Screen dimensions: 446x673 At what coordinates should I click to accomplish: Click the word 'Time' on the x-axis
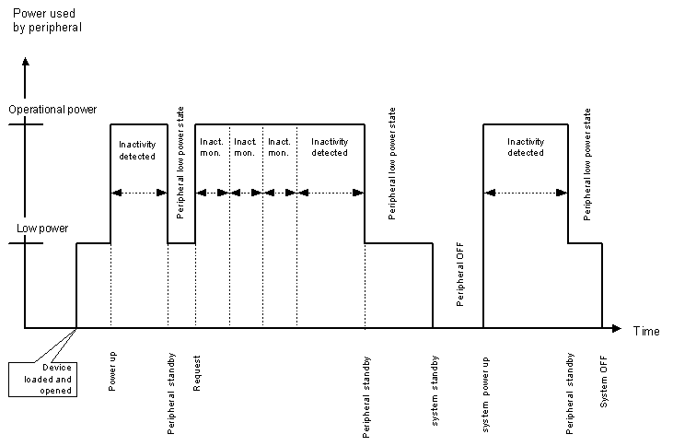[x=645, y=330]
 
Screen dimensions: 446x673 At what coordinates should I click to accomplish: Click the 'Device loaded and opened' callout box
[x=41, y=378]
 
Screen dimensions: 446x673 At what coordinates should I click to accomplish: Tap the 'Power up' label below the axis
[x=112, y=371]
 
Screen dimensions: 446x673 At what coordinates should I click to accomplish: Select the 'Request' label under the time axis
[x=197, y=371]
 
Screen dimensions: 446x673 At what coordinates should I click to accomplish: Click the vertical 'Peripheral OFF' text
[x=459, y=275]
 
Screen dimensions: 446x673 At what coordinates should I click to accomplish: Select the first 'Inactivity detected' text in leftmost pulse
[x=138, y=149]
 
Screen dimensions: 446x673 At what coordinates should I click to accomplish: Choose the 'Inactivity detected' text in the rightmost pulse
[x=526, y=147]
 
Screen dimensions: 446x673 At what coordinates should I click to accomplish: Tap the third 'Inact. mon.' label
[x=279, y=147]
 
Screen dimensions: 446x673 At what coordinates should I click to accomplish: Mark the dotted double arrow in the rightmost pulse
[x=526, y=192]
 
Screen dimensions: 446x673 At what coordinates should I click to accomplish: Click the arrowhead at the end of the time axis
[x=620, y=328]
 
